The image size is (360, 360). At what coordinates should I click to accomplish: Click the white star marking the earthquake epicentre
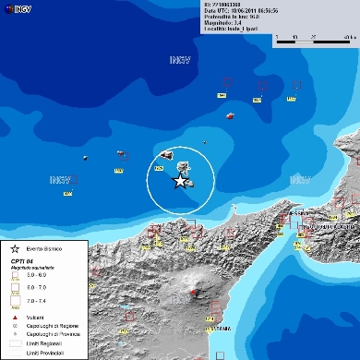180,182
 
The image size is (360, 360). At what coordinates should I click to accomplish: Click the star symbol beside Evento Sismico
15,250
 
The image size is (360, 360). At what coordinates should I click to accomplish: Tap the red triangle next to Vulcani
15,316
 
